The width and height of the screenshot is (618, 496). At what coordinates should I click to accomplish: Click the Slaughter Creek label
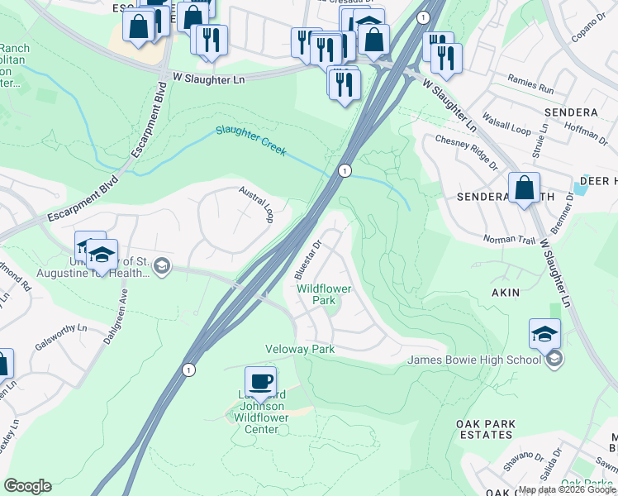(250, 141)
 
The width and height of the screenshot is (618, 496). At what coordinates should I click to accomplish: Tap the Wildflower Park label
(324, 294)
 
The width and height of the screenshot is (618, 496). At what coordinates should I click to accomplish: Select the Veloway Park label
(299, 350)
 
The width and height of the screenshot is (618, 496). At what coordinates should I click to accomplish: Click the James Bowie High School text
(474, 359)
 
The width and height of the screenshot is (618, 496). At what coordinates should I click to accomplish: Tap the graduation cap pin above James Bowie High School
(544, 335)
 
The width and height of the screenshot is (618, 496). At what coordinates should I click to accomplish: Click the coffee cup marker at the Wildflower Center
(261, 381)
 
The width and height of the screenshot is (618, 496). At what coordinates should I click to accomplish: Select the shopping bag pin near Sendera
(524, 188)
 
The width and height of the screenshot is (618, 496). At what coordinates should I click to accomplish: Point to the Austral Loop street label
(256, 203)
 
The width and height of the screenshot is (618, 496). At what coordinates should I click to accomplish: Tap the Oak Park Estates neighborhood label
(485, 429)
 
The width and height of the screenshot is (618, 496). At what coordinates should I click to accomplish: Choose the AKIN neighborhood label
(505, 292)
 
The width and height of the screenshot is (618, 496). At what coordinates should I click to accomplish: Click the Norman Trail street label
(511, 241)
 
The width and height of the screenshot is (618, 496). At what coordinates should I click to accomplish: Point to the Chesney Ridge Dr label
(466, 142)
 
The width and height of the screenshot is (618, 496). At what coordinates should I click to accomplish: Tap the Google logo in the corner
(27, 485)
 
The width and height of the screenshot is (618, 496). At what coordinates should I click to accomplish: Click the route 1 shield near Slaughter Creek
(343, 170)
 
